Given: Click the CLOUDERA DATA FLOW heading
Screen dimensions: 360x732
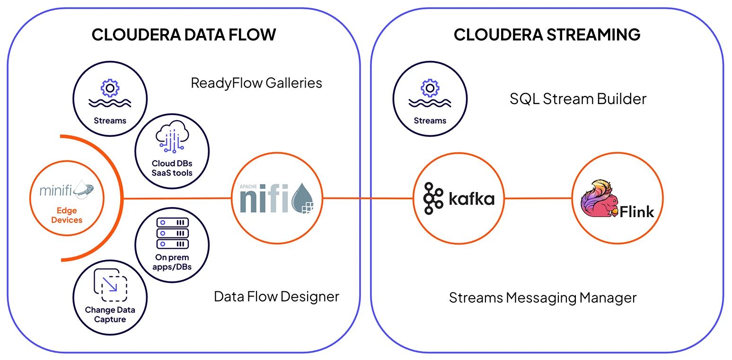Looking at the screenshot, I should [184, 35].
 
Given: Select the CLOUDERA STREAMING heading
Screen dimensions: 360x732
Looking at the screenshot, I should [547, 35].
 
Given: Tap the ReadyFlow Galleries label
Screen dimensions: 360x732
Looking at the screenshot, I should [256, 83].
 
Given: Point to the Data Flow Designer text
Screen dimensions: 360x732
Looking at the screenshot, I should [276, 297].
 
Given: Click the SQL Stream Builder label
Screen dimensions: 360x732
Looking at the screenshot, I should [578, 99].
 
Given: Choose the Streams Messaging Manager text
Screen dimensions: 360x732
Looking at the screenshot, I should [543, 298].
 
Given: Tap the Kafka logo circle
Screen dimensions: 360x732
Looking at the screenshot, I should [458, 199].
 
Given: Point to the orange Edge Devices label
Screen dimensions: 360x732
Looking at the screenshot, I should [66, 215].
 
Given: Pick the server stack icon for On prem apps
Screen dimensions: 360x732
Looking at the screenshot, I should [172, 233].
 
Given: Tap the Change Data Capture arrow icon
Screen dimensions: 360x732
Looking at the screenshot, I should [111, 285].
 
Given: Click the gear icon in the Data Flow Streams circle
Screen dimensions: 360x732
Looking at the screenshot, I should [110, 88].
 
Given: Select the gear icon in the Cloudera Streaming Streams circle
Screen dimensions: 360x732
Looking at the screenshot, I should [430, 88].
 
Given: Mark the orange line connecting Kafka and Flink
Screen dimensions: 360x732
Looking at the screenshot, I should [538, 199].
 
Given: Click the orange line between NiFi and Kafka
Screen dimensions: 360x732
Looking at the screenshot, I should [368, 199].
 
